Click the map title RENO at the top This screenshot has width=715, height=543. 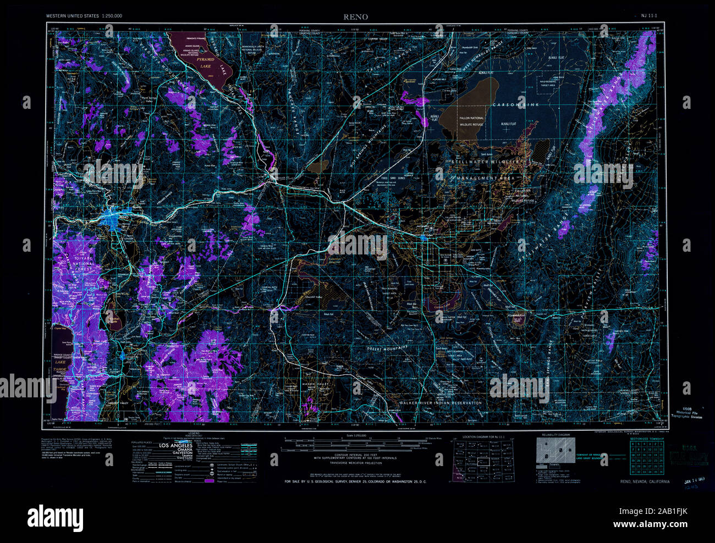tap(356, 16)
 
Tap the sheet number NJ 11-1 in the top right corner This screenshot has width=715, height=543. tap(650, 16)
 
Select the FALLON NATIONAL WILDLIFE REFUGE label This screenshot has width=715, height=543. tap(469, 121)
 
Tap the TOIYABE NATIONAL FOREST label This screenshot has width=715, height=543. tap(73, 264)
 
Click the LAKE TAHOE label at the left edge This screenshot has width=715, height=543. tap(59, 366)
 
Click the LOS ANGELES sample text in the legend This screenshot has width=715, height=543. tap(175, 445)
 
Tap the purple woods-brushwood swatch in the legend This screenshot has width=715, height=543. tap(208, 481)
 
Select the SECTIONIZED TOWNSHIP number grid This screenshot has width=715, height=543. tap(647, 458)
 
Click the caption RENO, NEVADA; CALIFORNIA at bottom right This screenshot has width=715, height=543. tap(645, 481)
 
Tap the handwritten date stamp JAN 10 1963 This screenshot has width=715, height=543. tap(695, 480)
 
